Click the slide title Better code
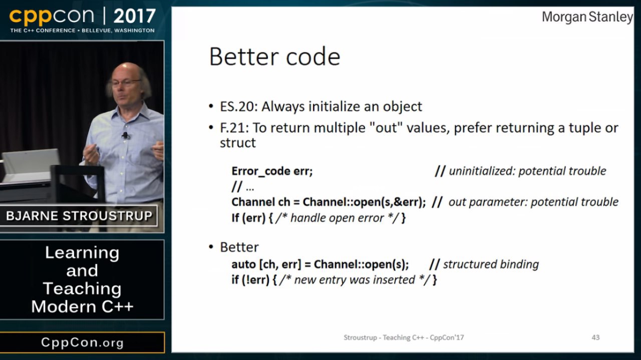(x=275, y=57)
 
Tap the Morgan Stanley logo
(x=587, y=17)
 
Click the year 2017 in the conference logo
(x=135, y=16)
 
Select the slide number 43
(x=595, y=337)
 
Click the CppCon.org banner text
(x=83, y=342)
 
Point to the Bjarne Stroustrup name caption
(x=79, y=216)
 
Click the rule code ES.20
(x=239, y=107)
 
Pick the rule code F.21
(x=234, y=128)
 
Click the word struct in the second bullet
(x=237, y=143)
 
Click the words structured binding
(x=491, y=264)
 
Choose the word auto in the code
(x=243, y=264)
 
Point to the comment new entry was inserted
(x=354, y=280)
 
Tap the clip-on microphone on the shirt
(x=125, y=135)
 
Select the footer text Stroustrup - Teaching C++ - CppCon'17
(x=404, y=337)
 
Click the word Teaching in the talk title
(x=82, y=288)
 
